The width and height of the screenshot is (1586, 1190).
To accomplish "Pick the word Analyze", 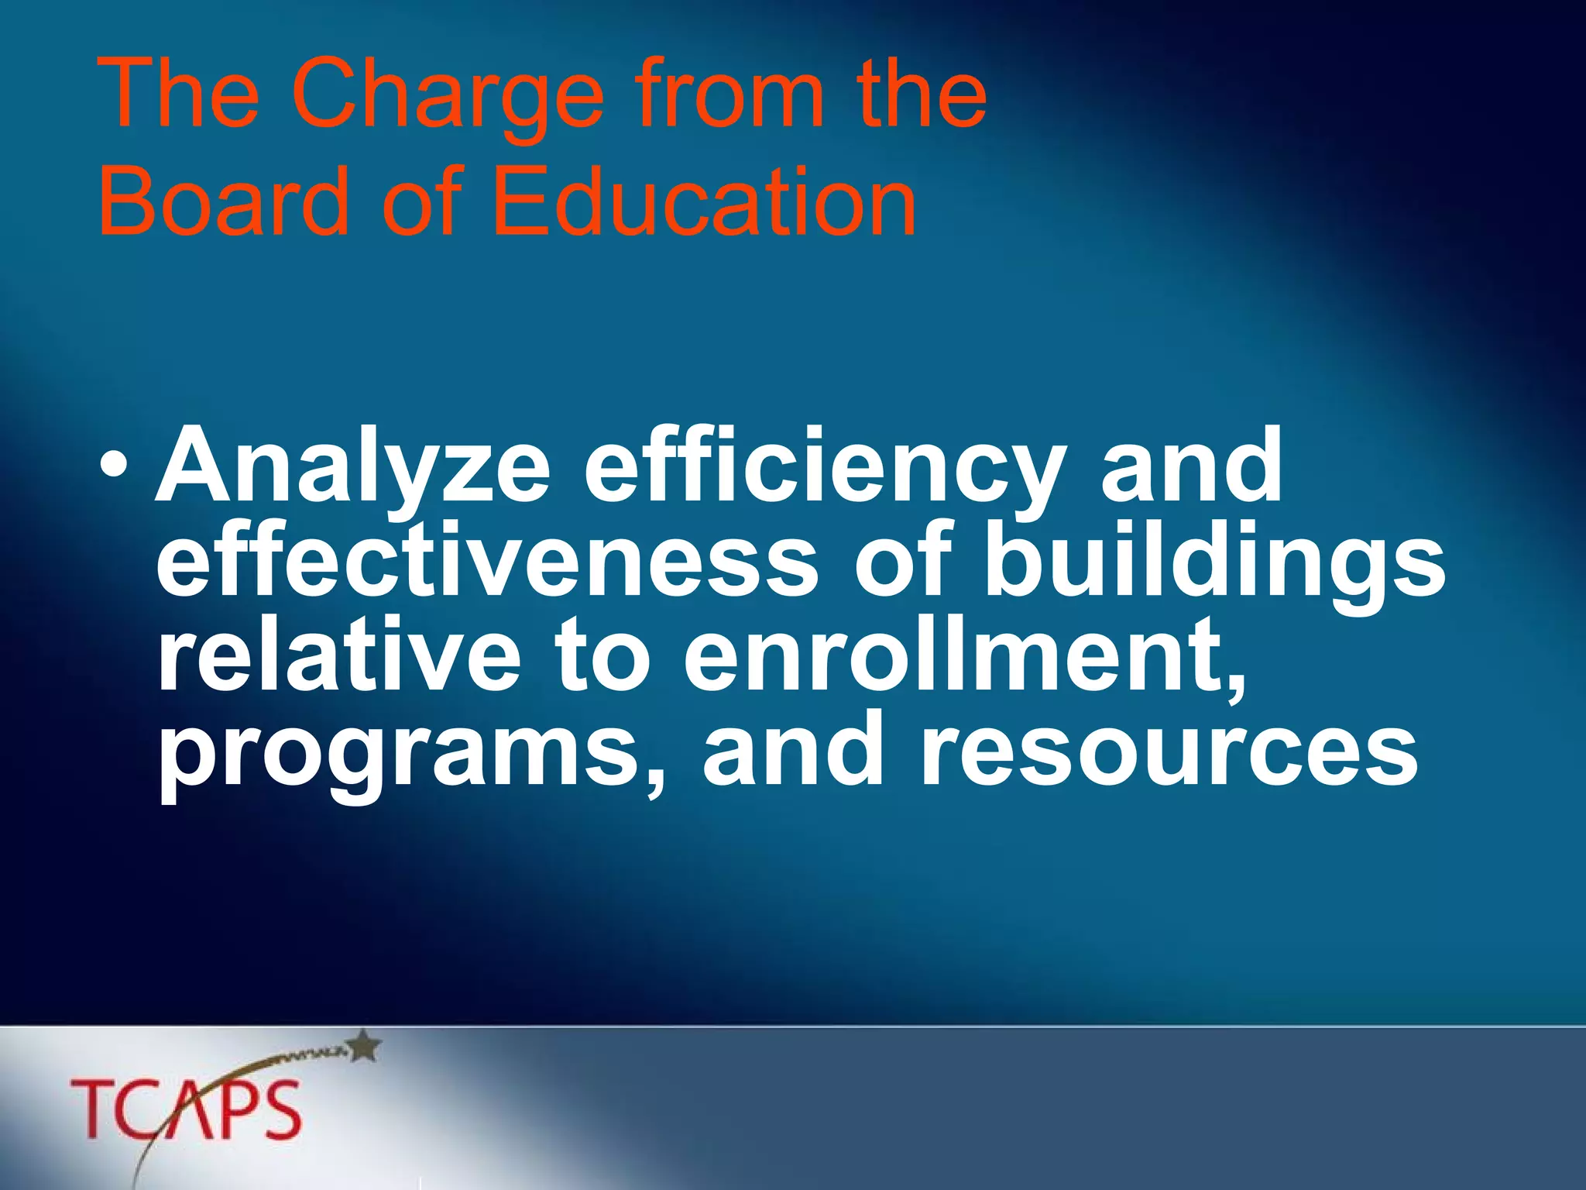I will (x=353, y=467).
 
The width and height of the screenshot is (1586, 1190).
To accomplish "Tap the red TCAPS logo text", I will (x=186, y=1109).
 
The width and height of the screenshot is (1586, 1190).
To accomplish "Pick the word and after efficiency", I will (x=1191, y=467).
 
